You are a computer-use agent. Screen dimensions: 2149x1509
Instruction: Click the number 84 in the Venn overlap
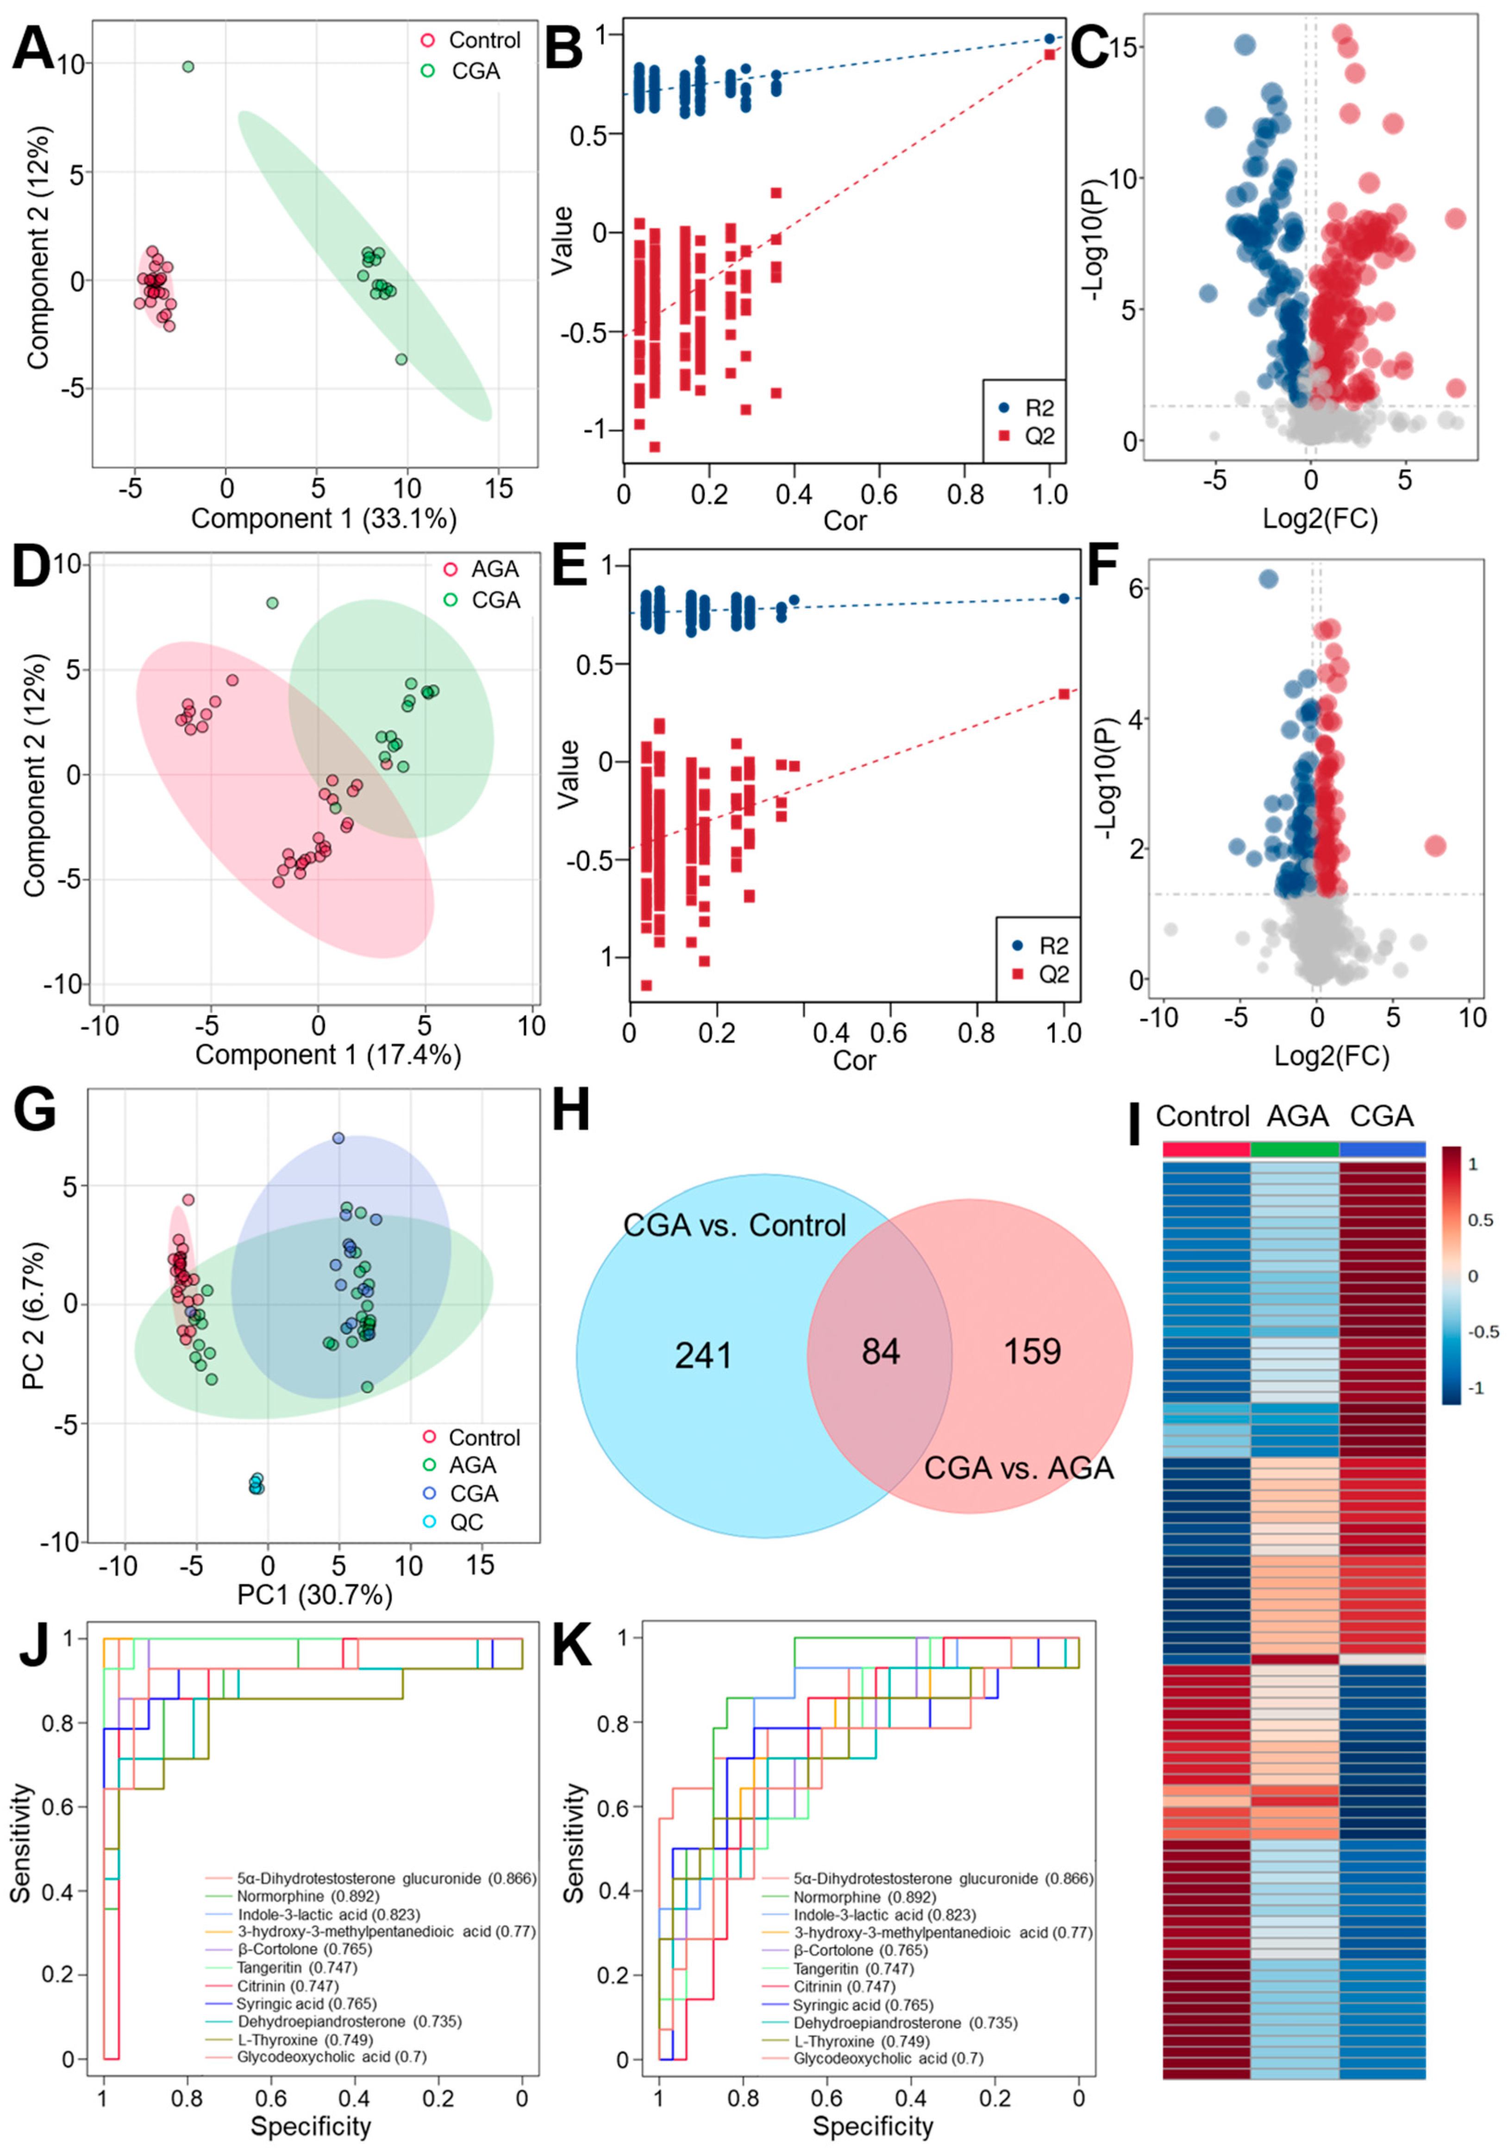(880, 1352)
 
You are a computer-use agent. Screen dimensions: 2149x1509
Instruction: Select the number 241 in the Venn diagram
(703, 1355)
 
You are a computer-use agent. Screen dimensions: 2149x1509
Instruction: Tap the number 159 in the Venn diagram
(1033, 1352)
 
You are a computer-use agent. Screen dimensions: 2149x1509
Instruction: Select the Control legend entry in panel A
(484, 40)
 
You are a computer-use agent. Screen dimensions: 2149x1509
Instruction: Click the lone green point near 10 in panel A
(188, 67)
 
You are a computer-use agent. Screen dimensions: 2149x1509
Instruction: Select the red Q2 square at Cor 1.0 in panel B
(1049, 54)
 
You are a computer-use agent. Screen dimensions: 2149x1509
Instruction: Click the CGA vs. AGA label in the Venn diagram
(1019, 1468)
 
